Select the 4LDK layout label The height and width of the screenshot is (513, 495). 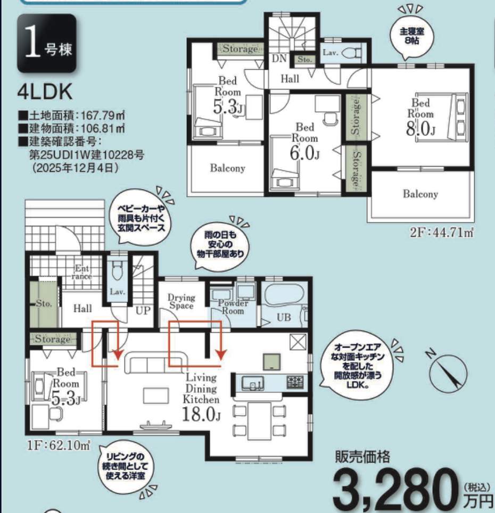[45, 93]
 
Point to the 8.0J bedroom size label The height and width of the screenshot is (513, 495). [420, 129]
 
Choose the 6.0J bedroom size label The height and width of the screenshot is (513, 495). [304, 153]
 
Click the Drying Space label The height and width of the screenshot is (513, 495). [181, 301]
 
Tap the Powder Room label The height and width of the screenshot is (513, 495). [233, 307]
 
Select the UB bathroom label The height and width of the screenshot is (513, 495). [284, 317]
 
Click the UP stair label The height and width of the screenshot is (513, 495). [143, 310]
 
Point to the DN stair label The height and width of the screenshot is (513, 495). [279, 59]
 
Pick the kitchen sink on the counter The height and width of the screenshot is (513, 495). [253, 383]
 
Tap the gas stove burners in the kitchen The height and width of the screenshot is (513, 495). [295, 382]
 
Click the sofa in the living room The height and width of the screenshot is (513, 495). [156, 362]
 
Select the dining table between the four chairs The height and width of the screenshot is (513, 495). [259, 421]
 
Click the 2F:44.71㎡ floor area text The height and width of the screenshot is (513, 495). [442, 233]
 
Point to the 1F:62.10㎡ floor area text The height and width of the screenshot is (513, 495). [59, 445]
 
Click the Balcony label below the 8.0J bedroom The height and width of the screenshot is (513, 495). [420, 194]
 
